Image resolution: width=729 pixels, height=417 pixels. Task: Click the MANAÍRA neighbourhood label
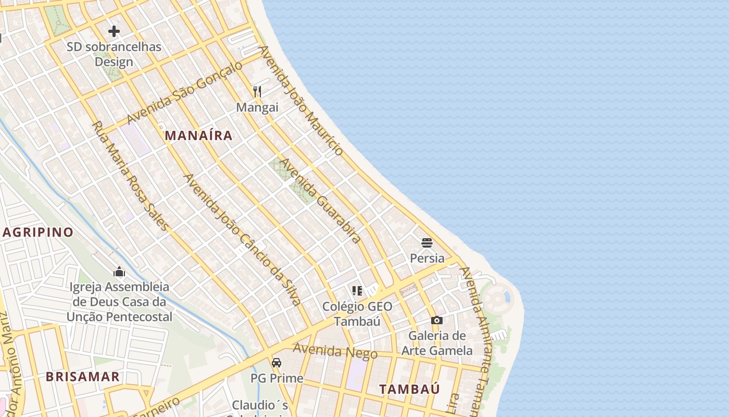coord(198,136)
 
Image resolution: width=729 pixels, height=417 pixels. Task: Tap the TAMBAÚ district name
coord(409,389)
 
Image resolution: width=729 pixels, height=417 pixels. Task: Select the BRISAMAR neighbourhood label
coord(82,376)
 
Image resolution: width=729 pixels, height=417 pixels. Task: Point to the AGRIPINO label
coord(37,232)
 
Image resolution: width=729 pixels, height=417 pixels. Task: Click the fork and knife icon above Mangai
coord(257,92)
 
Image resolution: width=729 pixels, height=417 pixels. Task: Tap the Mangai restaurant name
coord(257,107)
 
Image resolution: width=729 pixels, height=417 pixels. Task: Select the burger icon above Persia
coord(427,242)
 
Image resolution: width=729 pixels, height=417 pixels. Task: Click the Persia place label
coord(427,258)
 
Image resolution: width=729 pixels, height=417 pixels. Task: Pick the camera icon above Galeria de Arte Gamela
coord(436,320)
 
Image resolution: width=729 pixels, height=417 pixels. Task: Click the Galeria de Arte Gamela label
coord(436,342)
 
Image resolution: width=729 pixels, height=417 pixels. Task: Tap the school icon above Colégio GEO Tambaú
coord(357,290)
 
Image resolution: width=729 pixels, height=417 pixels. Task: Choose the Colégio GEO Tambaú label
coord(357,313)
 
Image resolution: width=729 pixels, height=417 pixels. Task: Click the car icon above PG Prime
coord(276,362)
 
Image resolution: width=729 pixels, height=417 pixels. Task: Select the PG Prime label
coord(276,378)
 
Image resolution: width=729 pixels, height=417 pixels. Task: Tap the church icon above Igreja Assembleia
coord(119,272)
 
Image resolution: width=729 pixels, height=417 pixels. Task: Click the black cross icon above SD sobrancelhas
coord(114,31)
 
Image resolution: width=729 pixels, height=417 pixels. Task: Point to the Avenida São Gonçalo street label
coord(185,92)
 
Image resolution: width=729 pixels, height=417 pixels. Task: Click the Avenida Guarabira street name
coord(320,201)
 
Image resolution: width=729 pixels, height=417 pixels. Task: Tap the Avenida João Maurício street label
coord(301,100)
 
